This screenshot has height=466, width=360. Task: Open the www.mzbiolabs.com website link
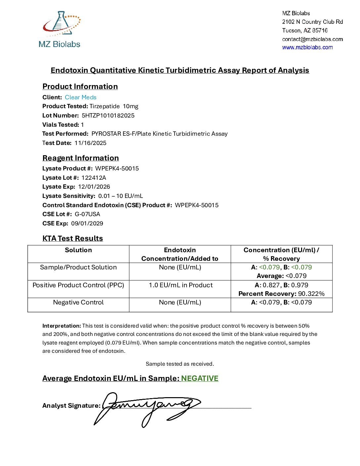(x=307, y=47)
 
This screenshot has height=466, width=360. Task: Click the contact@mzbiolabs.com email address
(x=312, y=39)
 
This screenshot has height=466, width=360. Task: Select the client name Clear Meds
(x=81, y=97)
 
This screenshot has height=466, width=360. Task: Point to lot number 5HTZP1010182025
(x=108, y=116)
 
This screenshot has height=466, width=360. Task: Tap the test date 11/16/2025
(x=90, y=143)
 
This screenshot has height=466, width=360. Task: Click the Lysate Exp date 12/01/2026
(x=94, y=187)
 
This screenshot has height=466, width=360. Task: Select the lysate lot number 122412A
(x=94, y=178)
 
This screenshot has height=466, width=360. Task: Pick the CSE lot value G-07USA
(x=87, y=214)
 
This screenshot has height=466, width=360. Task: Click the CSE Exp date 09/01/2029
(x=87, y=223)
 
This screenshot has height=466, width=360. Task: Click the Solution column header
(x=78, y=250)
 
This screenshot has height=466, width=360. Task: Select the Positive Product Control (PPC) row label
(x=78, y=285)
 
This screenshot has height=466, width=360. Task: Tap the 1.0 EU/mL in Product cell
(x=180, y=285)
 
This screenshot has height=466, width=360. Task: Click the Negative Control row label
(x=78, y=302)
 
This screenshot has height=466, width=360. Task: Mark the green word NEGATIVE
(x=200, y=378)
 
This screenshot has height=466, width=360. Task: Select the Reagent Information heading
(x=80, y=158)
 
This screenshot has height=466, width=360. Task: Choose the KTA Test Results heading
(x=72, y=238)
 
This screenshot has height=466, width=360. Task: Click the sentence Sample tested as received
(x=180, y=364)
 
